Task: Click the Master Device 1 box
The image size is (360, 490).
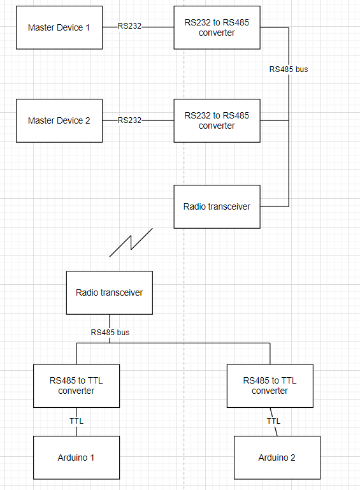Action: pyautogui.click(x=59, y=27)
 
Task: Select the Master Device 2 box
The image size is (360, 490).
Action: pyautogui.click(x=59, y=120)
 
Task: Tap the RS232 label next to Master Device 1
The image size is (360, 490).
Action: pyautogui.click(x=130, y=27)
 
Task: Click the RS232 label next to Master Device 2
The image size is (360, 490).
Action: pyautogui.click(x=129, y=120)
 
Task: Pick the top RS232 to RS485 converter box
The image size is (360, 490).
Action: pyautogui.click(x=217, y=27)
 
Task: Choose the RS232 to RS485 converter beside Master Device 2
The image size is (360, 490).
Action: pyautogui.click(x=217, y=120)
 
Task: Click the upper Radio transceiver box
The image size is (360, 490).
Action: pyautogui.click(x=217, y=206)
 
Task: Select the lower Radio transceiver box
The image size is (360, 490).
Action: pyautogui.click(x=110, y=292)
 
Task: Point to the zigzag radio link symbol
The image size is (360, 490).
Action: pyautogui.click(x=131, y=243)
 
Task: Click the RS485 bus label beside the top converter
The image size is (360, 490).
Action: pyautogui.click(x=288, y=69)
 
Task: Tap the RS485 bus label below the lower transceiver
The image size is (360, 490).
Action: pyautogui.click(x=110, y=332)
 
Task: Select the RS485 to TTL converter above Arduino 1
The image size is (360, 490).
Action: pyautogui.click(x=76, y=386)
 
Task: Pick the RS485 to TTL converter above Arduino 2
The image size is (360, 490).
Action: pyautogui.click(x=270, y=386)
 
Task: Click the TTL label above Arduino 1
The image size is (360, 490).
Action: pyautogui.click(x=76, y=421)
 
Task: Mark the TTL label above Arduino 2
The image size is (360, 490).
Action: pyautogui.click(x=273, y=421)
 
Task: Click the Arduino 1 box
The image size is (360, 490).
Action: pyautogui.click(x=76, y=458)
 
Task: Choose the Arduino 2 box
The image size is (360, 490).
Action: pyautogui.click(x=277, y=458)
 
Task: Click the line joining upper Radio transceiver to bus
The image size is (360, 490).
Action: pyautogui.click(x=275, y=206)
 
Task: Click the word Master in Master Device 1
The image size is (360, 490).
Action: pyautogui.click(x=41, y=27)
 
